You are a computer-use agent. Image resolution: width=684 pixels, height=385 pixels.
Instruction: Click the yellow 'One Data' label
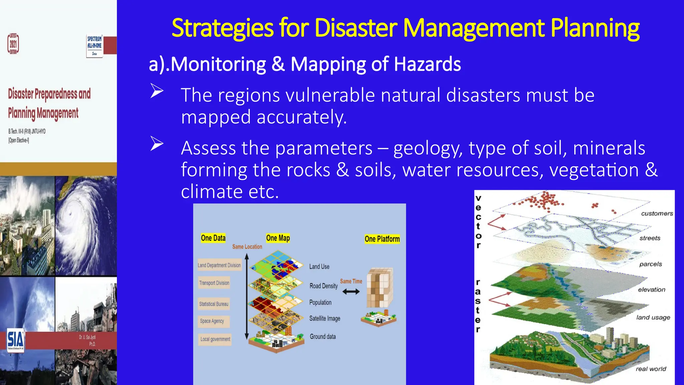pos(213,238)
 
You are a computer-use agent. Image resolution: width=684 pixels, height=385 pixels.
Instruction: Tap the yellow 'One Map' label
pos(278,238)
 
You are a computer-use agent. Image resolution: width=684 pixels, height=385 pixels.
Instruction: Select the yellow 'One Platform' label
pos(382,239)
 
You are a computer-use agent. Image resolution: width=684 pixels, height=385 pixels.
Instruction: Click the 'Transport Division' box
pos(214,283)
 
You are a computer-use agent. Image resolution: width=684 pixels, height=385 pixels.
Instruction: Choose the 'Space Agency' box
pos(212,321)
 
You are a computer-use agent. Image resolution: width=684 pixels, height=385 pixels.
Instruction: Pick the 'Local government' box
pos(215,339)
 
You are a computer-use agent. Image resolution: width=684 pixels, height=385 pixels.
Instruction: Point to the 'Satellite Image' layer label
pos(325,318)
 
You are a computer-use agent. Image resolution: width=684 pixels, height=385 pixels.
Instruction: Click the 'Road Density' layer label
pos(323,286)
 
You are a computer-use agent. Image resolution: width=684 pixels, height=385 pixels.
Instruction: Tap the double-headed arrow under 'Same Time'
pos(351,292)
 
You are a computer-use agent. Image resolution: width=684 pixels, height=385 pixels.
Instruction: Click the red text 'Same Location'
pos(247,247)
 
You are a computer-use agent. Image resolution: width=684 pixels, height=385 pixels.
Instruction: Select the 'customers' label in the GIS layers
pos(657,214)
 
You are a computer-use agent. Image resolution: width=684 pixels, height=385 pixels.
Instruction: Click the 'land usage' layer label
pos(653,317)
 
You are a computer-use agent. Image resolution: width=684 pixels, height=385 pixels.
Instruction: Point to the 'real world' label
pos(651,369)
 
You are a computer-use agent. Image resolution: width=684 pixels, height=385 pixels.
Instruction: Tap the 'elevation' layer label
pos(651,290)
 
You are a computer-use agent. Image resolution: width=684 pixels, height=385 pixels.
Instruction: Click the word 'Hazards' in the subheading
pos(427,64)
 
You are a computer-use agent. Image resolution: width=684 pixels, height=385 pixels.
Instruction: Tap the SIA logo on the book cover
pos(15,340)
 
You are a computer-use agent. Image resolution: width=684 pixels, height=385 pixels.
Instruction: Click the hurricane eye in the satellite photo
pos(70,214)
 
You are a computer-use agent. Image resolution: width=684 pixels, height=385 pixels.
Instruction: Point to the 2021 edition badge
pos(13,44)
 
